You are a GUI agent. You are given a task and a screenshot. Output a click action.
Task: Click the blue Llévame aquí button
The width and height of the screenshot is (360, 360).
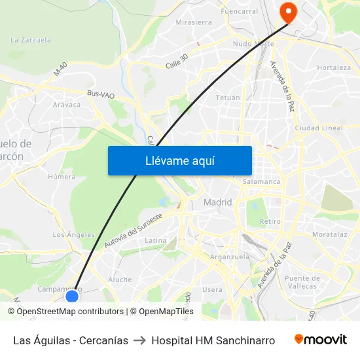pos(179,160)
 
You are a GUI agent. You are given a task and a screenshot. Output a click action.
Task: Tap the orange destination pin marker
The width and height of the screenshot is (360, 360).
pos(287,12)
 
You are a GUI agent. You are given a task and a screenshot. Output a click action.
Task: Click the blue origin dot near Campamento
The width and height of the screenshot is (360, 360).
pos(72,296)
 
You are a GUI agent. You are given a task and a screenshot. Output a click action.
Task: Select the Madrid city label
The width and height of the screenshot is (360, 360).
pos(217,202)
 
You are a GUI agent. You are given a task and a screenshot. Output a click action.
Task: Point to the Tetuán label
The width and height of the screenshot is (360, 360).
pos(228,98)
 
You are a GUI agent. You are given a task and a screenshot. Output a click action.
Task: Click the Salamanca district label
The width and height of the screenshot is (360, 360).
pos(261,181)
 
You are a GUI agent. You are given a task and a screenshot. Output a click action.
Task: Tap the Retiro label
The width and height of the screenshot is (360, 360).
pos(270,222)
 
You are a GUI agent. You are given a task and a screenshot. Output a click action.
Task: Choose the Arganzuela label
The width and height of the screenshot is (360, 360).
pos(230,257)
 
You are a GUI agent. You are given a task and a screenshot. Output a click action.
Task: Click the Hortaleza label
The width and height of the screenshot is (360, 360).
pos(334,67)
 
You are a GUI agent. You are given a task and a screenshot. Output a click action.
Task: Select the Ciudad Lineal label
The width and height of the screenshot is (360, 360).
pos(319,128)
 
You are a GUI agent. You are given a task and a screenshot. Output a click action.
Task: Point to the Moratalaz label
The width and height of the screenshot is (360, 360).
pos(330,234)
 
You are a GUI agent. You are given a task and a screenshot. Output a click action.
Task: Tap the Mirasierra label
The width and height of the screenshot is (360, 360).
pos(194,22)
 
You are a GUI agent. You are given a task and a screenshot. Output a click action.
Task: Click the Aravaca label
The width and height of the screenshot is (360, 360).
pos(67,105)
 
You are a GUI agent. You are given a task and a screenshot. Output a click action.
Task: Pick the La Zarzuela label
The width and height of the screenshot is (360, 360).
pos(31,40)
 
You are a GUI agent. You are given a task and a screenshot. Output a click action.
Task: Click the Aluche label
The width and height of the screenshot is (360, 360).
pos(120,279)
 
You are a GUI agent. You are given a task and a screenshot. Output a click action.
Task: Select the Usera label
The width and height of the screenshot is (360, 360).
pos(212,289)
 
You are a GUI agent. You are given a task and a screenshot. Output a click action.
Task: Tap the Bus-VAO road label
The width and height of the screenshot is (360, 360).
pos(101,95)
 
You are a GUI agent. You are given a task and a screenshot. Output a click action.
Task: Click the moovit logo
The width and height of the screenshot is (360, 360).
pos(321,340)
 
